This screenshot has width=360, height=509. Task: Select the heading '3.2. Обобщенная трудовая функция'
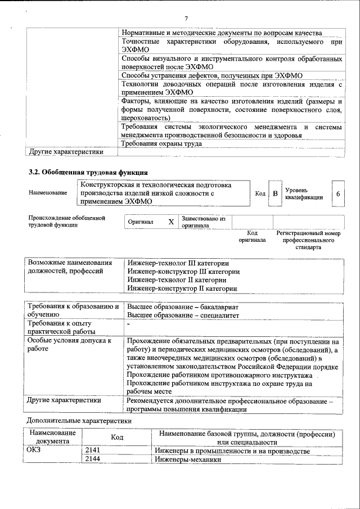point(88,172)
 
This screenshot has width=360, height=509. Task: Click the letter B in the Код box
point(275,193)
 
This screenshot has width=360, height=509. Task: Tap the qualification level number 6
point(337,193)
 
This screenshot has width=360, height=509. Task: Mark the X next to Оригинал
point(171,222)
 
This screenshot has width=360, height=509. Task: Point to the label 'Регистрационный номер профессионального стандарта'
point(309,240)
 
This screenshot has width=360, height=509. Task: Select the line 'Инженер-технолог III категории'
point(178,263)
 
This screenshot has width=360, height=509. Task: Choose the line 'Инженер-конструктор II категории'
point(182,288)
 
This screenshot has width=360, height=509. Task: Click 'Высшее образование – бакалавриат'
point(183,307)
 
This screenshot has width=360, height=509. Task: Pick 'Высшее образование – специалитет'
point(183,315)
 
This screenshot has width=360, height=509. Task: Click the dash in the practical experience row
point(129,325)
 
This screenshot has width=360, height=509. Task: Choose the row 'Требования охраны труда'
point(161,143)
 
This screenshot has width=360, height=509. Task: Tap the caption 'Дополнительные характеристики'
point(79,420)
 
